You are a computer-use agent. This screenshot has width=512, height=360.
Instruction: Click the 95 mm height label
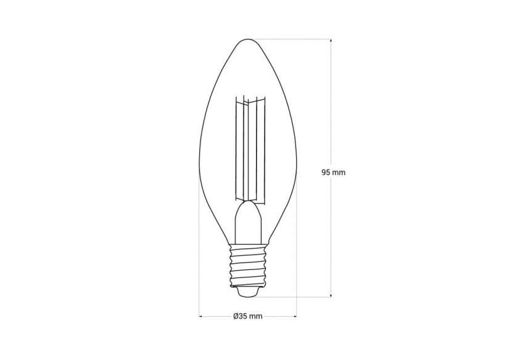click(333, 173)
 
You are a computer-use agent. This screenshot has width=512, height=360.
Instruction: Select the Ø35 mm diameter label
click(248, 317)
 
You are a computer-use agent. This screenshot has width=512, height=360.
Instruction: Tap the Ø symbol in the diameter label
click(236, 317)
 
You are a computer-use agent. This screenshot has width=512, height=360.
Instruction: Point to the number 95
click(326, 173)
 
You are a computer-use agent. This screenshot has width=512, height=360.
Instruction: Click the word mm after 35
click(256, 317)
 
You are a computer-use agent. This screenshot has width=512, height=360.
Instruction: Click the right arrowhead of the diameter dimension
click(294, 317)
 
